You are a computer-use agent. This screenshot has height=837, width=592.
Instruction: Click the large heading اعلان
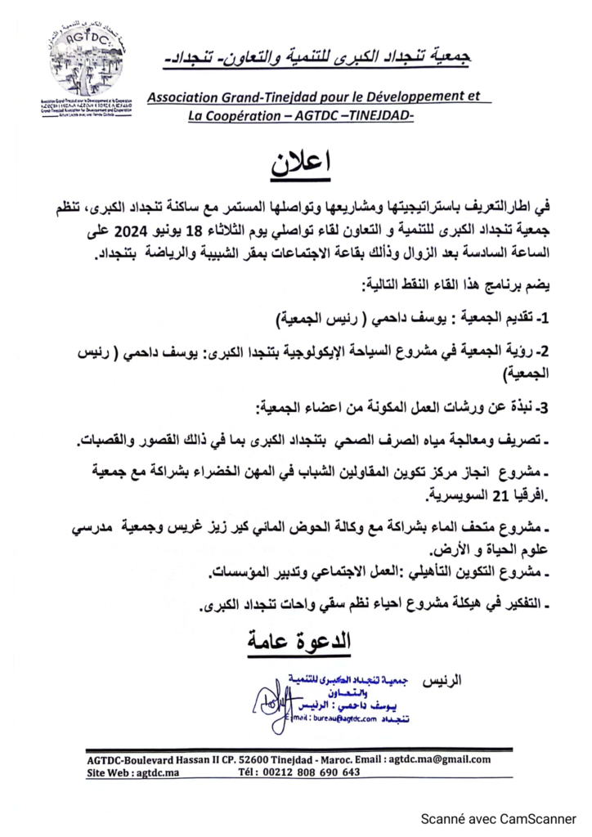pos(302,163)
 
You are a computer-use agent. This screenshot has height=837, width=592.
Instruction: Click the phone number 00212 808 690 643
pos(310,772)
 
